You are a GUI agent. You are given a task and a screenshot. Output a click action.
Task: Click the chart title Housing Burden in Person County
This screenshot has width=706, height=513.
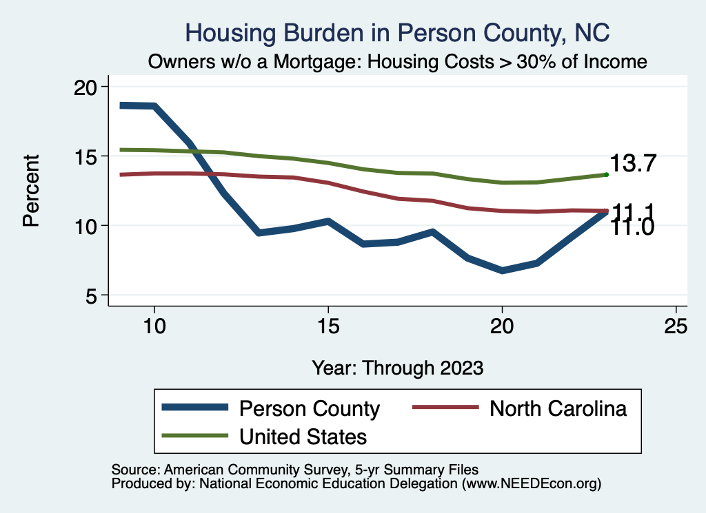pyautogui.click(x=398, y=32)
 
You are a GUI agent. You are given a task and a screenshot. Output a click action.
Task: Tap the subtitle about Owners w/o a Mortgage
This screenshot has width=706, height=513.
pyautogui.click(x=398, y=62)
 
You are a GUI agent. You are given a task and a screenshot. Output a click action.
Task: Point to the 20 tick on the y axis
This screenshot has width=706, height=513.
pyautogui.click(x=91, y=87)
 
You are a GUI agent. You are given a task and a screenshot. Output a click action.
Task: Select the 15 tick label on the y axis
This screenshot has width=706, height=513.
pyautogui.click(x=91, y=156)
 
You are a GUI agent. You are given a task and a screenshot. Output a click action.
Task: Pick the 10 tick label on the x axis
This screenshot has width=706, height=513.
pyautogui.click(x=154, y=327)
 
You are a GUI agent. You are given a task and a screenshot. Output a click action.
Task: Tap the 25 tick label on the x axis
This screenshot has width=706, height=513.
pyautogui.click(x=676, y=327)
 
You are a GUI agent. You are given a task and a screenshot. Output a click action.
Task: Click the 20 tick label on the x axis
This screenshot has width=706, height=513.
pyautogui.click(x=502, y=327)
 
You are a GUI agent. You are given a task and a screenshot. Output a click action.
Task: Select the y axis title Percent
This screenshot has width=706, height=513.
pyautogui.click(x=30, y=191)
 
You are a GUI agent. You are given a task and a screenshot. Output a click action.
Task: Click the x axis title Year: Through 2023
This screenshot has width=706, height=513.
pyautogui.click(x=398, y=367)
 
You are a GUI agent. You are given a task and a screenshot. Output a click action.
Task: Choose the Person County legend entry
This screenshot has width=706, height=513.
pyautogui.click(x=309, y=408)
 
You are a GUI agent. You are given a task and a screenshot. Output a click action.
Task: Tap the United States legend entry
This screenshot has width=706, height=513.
pyautogui.click(x=303, y=436)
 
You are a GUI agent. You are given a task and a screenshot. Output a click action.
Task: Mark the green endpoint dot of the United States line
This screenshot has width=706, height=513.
pyautogui.click(x=606, y=175)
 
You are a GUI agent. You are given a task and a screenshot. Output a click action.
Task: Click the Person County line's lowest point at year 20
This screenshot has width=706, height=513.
pyautogui.click(x=502, y=271)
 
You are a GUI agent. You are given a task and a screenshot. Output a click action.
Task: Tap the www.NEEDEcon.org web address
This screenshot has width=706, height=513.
pyautogui.click(x=531, y=484)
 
